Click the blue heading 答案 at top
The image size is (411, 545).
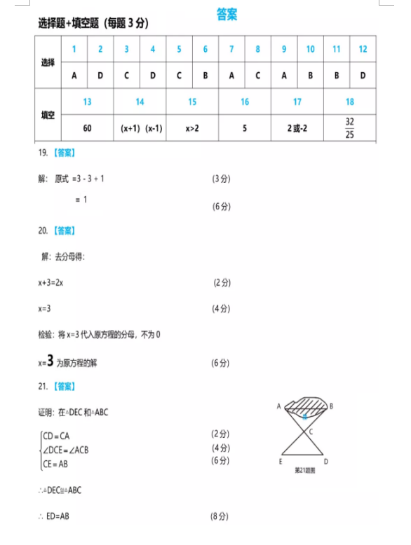(227, 15)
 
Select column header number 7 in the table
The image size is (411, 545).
(231, 49)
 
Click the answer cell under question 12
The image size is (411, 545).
(363, 75)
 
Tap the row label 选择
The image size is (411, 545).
(48, 62)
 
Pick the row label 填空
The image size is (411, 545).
(48, 116)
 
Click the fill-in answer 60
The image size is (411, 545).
(87, 128)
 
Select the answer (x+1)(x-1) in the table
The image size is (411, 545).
(141, 128)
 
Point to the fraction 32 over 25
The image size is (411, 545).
(349, 128)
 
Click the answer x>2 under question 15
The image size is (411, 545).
(192, 128)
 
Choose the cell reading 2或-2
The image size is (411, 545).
(297, 128)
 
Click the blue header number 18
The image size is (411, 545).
(349, 102)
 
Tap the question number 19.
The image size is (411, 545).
(43, 153)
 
